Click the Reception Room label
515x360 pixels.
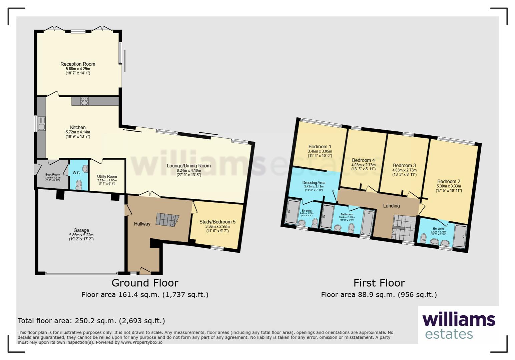(x=78, y=64)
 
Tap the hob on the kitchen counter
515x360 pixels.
(x=84, y=101)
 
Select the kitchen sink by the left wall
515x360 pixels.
(x=42, y=123)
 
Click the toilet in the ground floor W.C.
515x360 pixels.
(x=79, y=184)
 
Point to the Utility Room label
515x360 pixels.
(x=107, y=177)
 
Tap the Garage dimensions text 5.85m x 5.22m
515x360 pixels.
(x=81, y=235)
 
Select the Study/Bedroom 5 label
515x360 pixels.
(x=217, y=222)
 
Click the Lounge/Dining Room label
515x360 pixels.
(x=189, y=166)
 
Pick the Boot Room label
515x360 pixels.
(x=53, y=174)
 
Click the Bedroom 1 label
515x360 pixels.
(x=320, y=146)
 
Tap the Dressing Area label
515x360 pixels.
(x=314, y=183)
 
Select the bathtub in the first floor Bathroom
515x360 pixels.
(x=368, y=222)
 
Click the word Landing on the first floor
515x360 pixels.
(x=391, y=206)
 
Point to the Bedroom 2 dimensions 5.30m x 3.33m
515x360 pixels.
(x=449, y=186)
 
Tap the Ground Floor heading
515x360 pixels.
(x=145, y=283)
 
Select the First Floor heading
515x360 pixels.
(x=379, y=283)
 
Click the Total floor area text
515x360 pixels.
(x=91, y=321)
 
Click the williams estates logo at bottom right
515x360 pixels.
(x=458, y=325)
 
